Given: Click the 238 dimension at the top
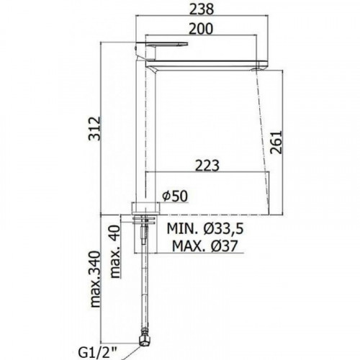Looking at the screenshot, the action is (202, 9).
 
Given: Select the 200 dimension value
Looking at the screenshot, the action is (201, 29).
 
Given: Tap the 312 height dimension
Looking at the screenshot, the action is (94, 128).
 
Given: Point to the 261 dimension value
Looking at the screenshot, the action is (276, 143).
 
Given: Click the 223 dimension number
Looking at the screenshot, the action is (207, 166).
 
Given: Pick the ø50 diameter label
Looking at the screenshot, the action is (175, 197).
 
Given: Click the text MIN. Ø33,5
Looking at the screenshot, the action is (205, 229).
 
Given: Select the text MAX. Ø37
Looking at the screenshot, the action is (205, 246).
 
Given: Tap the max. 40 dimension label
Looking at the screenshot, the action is (115, 251).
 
